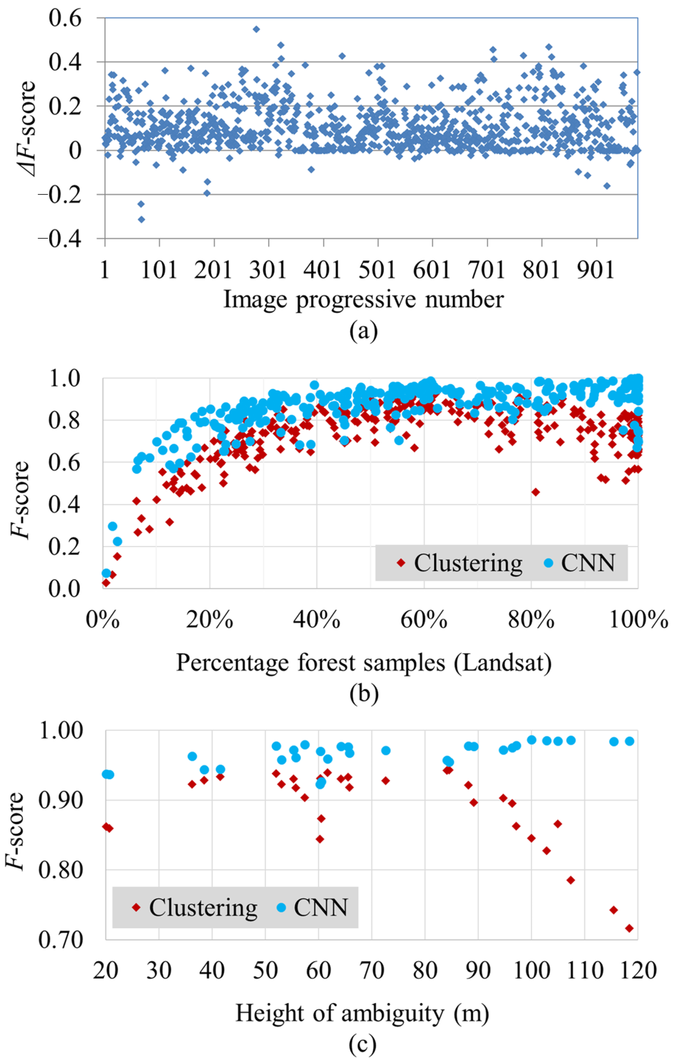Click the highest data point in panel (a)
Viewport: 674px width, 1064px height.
tap(256, 29)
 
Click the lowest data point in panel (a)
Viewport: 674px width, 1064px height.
tap(142, 219)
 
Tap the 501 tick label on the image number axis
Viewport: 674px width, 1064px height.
tap(377, 269)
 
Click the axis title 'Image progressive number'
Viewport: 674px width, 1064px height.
tap(363, 300)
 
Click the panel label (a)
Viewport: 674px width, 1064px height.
tap(363, 332)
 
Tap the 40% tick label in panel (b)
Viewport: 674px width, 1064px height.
tap(316, 621)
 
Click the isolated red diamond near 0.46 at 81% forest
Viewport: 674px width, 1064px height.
tap(536, 492)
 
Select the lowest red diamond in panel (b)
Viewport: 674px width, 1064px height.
tap(106, 583)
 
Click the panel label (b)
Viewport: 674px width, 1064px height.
tap(363, 694)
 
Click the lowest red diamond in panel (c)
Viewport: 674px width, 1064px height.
tap(629, 928)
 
